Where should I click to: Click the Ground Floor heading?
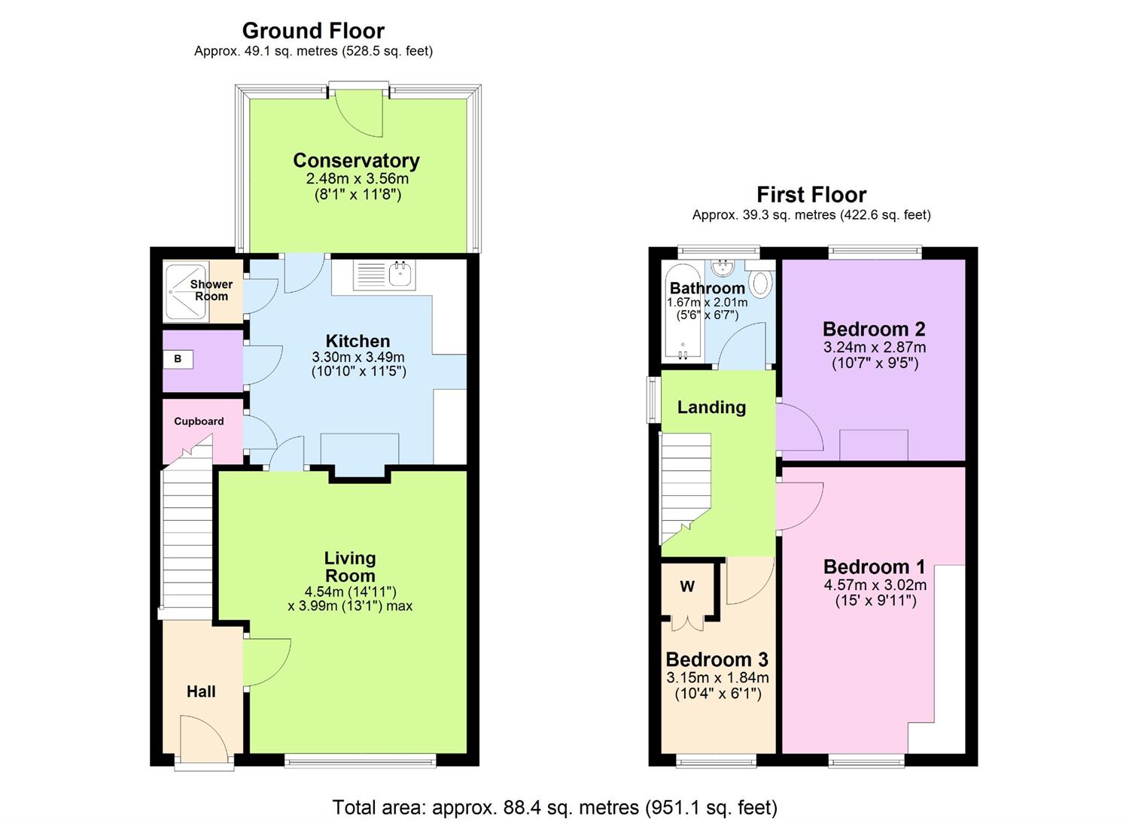pos(313,31)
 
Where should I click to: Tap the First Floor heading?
pos(811,195)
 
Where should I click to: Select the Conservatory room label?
pos(356,160)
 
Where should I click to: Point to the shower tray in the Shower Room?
pos(186,291)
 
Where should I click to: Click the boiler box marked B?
pos(178,359)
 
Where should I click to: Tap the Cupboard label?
pos(199,421)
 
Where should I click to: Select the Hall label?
pos(201,692)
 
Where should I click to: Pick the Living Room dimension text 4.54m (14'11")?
pos(349,591)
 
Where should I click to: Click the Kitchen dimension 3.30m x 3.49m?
pos(358,357)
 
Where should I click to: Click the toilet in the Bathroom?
pos(761,283)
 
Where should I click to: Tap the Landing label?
pos(711,407)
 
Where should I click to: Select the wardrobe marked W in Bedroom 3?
pos(687,587)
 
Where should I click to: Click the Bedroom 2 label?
pos(874,329)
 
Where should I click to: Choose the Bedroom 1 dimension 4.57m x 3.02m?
pos(875,585)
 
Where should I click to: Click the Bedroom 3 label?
pos(717,660)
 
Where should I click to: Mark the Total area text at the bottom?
pos(555,807)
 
